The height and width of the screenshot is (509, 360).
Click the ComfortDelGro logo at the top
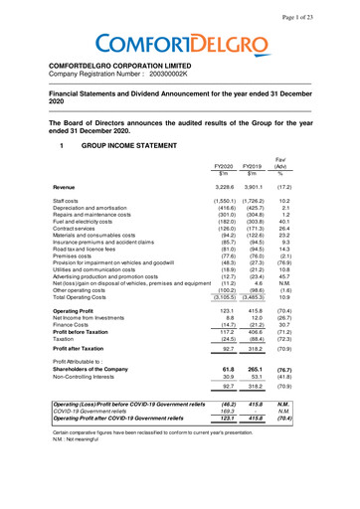pos(179,45)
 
